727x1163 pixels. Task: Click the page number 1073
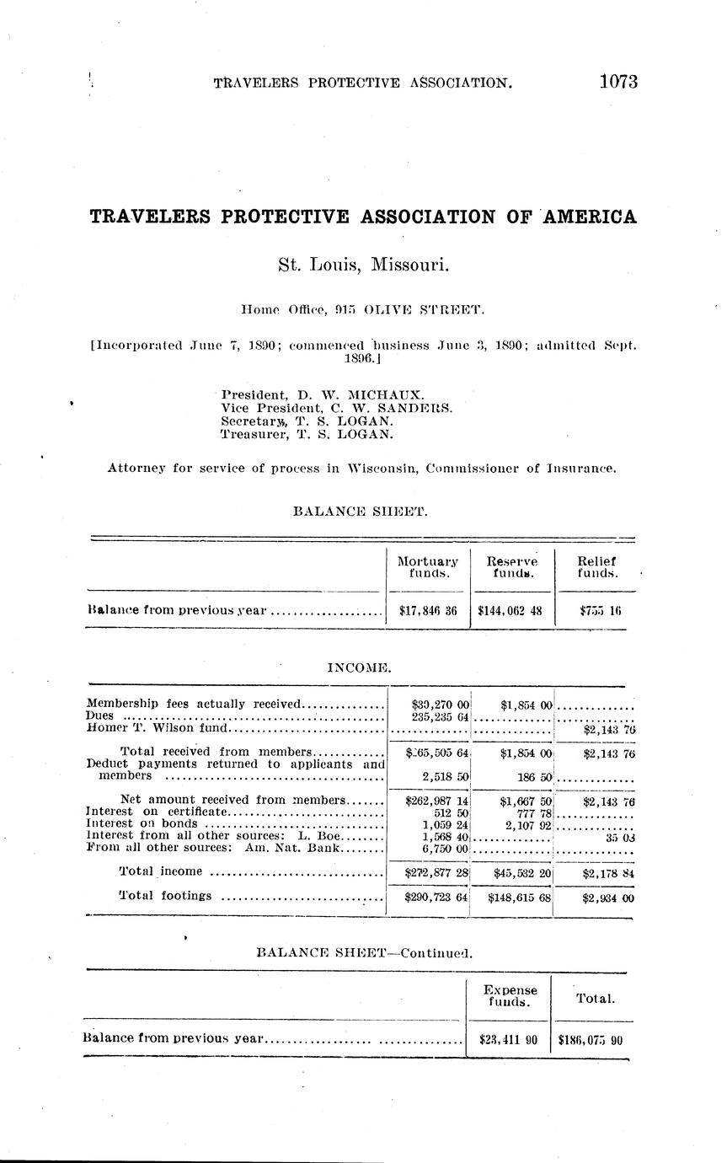pyautogui.click(x=618, y=82)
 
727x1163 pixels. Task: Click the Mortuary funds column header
pyautogui.click(x=427, y=566)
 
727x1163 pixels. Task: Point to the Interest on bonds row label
pyautogui.click(x=142, y=823)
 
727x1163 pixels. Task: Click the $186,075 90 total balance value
pyautogui.click(x=591, y=1040)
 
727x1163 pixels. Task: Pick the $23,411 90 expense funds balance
pyautogui.click(x=508, y=1040)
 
